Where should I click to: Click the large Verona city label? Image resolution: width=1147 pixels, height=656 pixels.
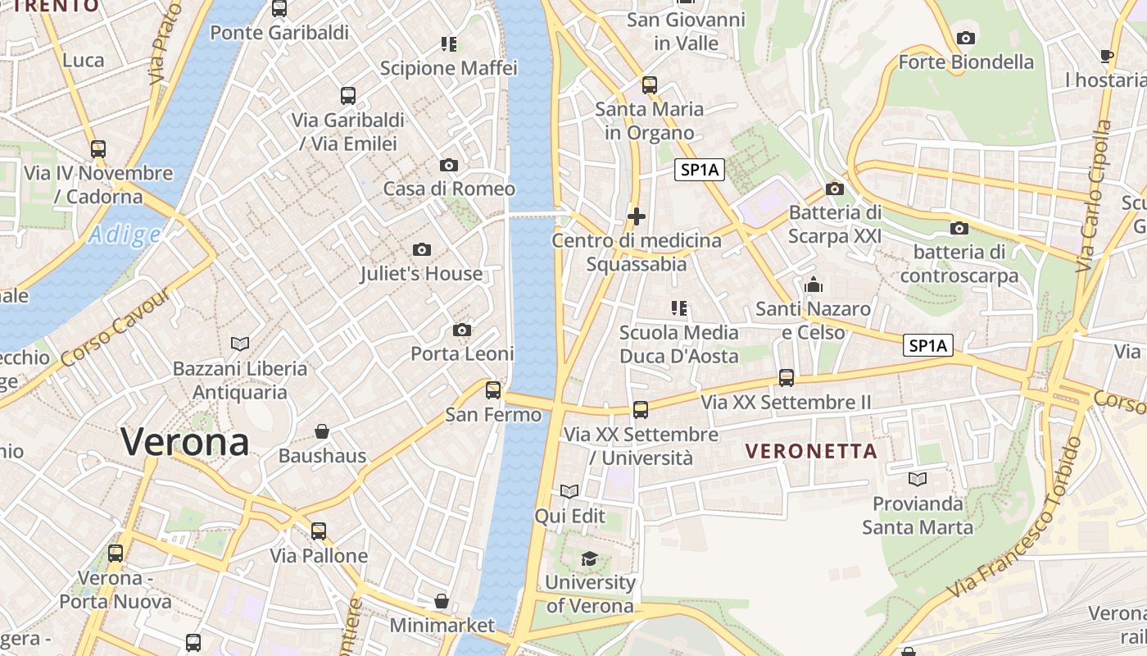[185, 443]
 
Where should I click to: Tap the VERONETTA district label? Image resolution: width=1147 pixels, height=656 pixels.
[812, 451]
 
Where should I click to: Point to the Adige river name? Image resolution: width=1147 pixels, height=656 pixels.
[125, 235]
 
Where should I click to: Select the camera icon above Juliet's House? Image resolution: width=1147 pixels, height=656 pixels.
[422, 249]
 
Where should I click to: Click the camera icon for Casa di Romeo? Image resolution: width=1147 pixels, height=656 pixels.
[449, 165]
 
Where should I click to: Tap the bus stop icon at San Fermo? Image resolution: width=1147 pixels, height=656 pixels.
[493, 390]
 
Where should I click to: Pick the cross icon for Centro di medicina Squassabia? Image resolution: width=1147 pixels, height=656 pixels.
[637, 216]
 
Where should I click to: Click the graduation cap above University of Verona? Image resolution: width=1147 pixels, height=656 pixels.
[589, 559]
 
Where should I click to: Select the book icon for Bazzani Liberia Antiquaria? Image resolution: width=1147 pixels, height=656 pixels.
[240, 344]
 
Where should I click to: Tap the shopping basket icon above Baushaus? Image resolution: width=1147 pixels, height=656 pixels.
[323, 431]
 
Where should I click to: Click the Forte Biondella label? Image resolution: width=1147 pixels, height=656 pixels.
[966, 62]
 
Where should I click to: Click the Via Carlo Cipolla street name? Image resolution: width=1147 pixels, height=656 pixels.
[1095, 197]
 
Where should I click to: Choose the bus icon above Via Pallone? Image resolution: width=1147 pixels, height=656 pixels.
[319, 531]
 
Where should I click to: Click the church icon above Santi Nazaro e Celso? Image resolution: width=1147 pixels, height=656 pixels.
[814, 285]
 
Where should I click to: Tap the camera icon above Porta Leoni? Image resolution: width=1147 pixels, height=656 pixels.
[462, 330]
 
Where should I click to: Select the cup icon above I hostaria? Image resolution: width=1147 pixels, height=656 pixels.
[1107, 56]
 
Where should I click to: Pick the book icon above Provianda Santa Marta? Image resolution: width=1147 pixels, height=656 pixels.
[918, 479]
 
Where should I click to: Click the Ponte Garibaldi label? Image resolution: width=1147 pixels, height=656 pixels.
[279, 33]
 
